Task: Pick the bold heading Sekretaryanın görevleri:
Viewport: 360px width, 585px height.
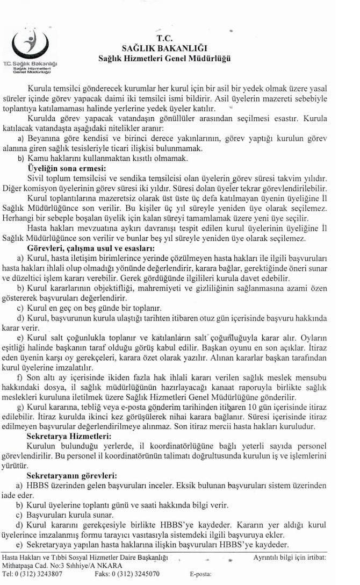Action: (70, 475)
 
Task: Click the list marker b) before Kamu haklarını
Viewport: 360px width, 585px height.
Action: (20, 159)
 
